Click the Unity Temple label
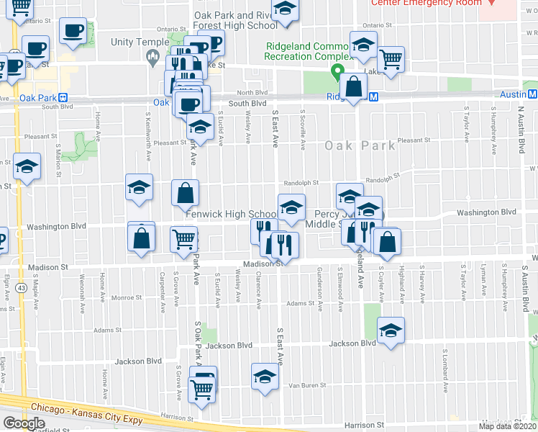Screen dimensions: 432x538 pos(140,42)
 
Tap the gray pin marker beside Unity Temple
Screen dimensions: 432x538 pos(153,57)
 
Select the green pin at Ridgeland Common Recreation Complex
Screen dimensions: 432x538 pos(336,71)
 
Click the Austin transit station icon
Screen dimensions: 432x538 pos(532,94)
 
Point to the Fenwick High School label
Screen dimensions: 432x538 pos(230,214)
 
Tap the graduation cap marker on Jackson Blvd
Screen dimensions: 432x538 pos(391,330)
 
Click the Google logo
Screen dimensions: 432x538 pos(24,423)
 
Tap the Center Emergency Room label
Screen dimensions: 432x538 pos(426,3)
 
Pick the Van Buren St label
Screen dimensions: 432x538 pos(304,385)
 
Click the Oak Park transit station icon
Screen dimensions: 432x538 pos(63,97)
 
